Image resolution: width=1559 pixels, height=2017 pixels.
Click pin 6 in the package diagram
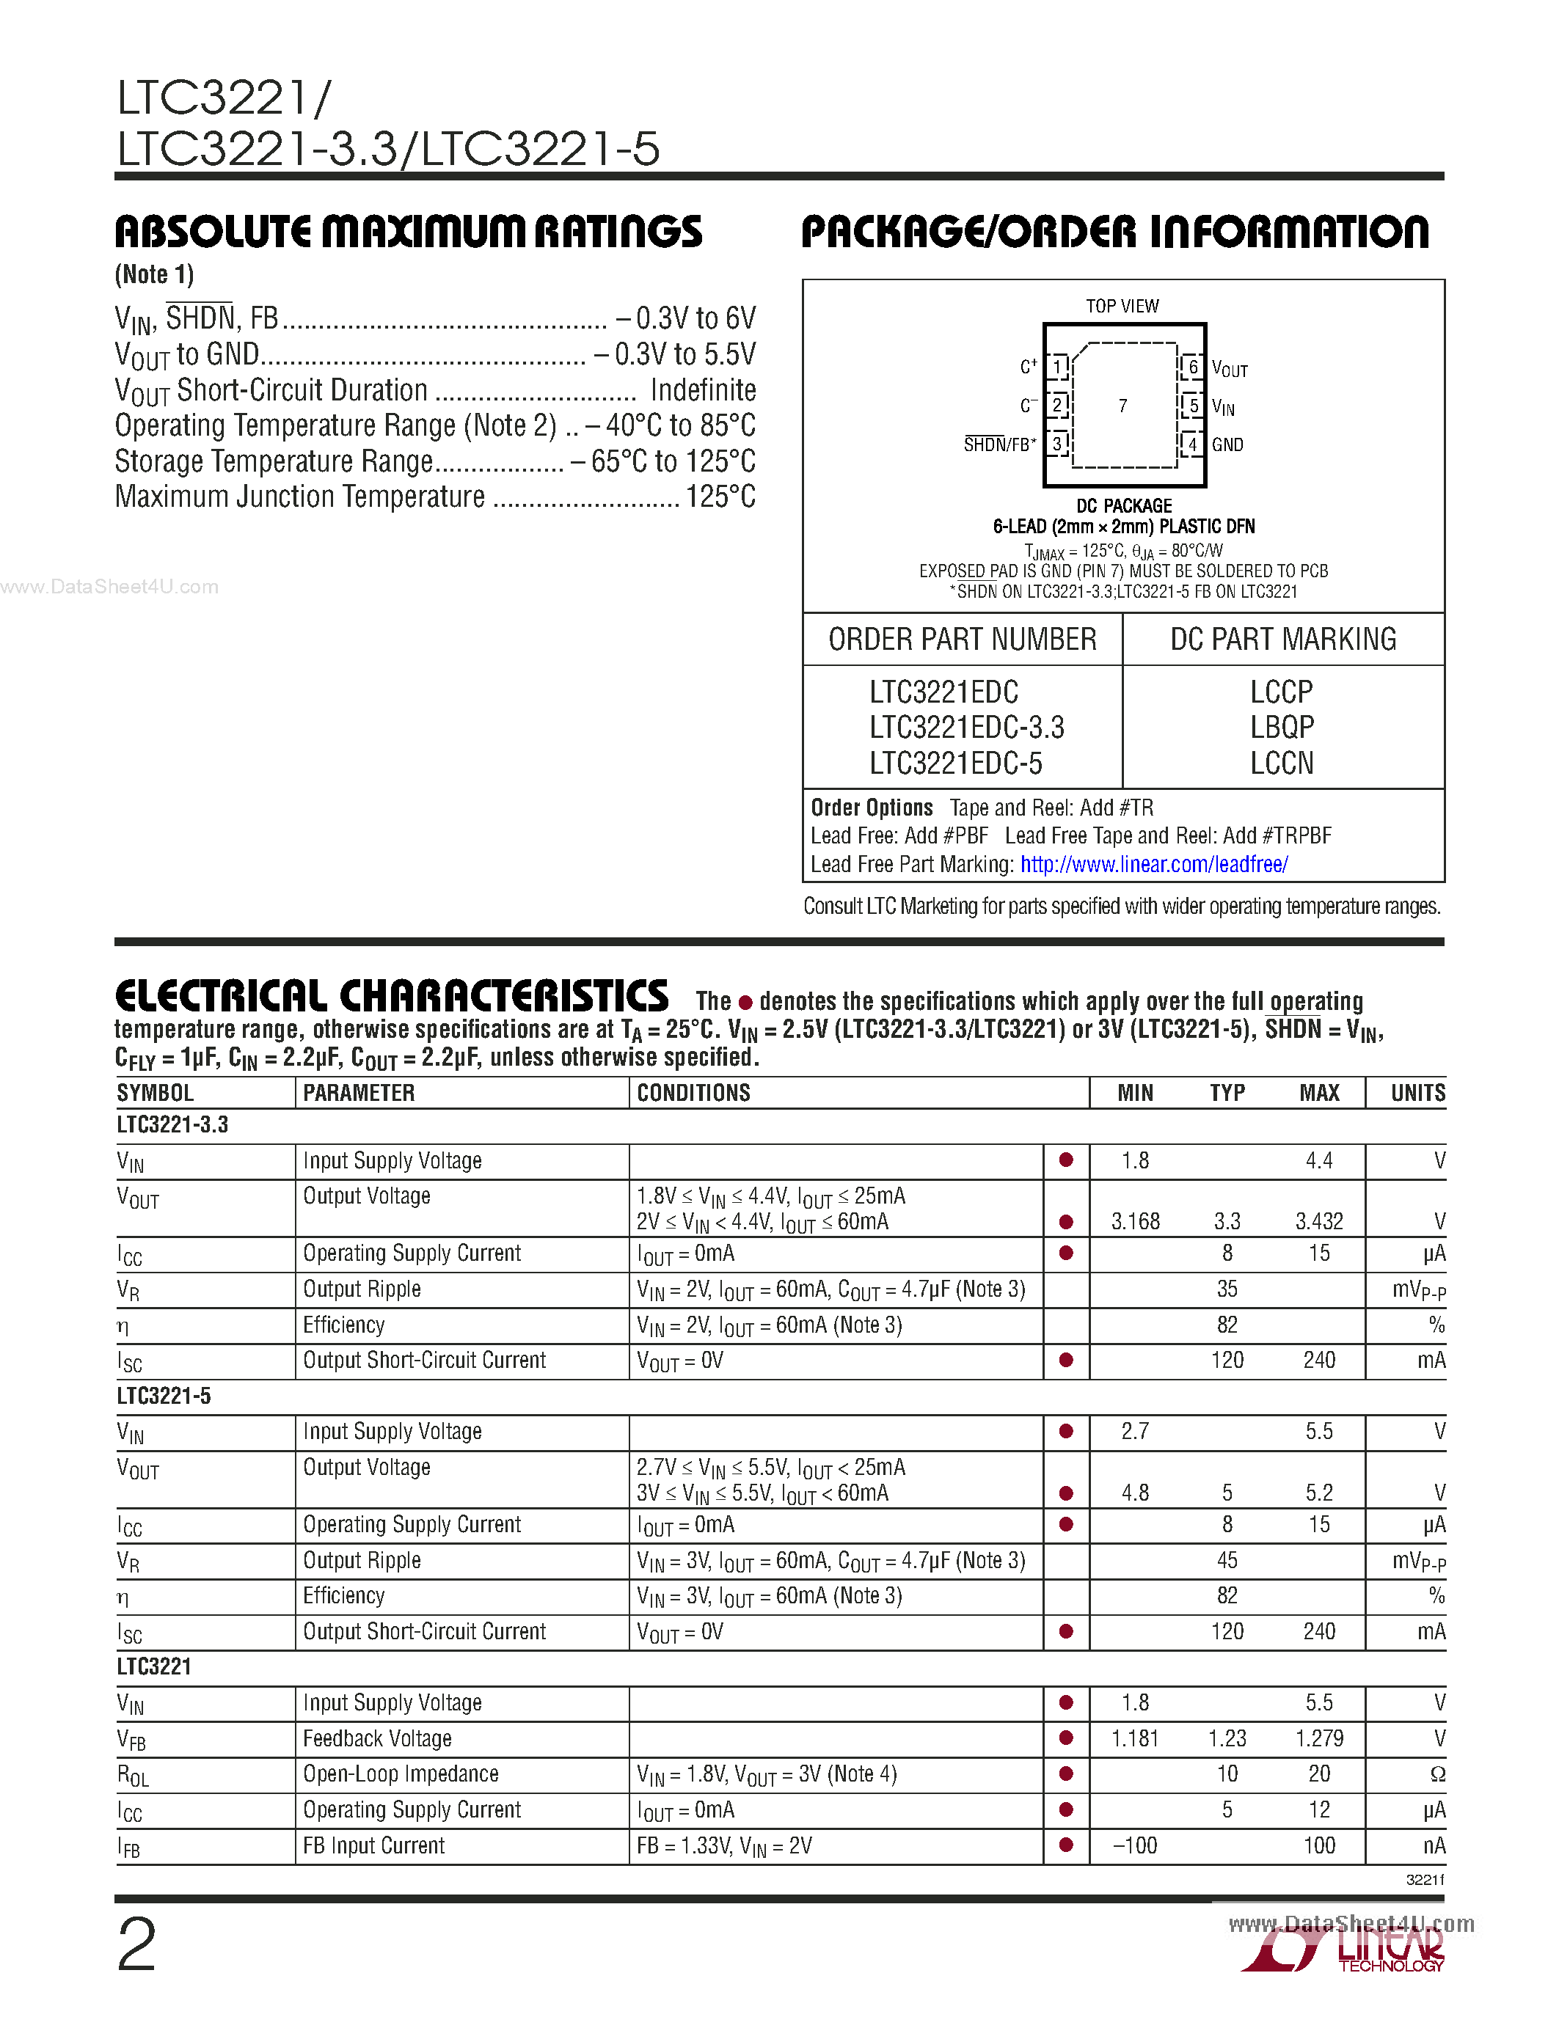tap(1192, 367)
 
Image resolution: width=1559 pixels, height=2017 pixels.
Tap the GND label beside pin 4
tap(1227, 445)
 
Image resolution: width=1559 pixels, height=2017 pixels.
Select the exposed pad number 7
tap(1122, 406)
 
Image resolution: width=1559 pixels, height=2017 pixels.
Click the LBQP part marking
tap(1281, 728)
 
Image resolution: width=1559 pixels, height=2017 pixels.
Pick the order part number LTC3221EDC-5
tap(955, 764)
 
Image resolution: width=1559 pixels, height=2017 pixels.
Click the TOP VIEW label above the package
tap(1122, 306)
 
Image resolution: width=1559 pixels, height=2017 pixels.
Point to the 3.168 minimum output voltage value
tap(1135, 1222)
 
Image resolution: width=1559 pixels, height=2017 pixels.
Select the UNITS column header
tap(1417, 1094)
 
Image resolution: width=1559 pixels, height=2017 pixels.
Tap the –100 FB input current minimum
tap(1135, 1846)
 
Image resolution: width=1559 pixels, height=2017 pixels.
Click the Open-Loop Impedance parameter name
tap(401, 1774)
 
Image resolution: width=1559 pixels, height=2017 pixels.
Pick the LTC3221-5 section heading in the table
tap(164, 1396)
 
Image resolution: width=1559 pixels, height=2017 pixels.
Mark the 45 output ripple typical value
tap(1227, 1561)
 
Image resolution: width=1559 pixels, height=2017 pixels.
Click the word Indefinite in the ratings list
tap(703, 391)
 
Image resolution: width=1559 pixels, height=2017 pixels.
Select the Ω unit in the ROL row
tap(1437, 1774)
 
